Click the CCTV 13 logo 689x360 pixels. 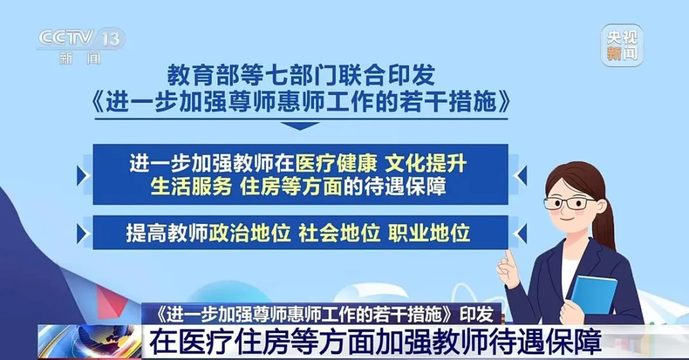click(x=82, y=46)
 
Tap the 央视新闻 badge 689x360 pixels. click(x=622, y=46)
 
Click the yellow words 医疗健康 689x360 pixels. click(x=336, y=164)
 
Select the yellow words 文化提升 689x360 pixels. click(x=426, y=164)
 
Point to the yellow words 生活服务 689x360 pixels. click(x=191, y=186)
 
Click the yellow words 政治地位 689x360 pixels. click(x=249, y=232)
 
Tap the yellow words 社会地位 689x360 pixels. click(x=339, y=232)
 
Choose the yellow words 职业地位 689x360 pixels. click(x=429, y=232)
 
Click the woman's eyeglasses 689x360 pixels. click(x=569, y=203)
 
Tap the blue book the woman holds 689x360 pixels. click(x=593, y=294)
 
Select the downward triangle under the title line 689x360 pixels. click(x=300, y=126)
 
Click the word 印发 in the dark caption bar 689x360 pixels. click(x=477, y=314)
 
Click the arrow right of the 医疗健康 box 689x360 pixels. click(x=521, y=176)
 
